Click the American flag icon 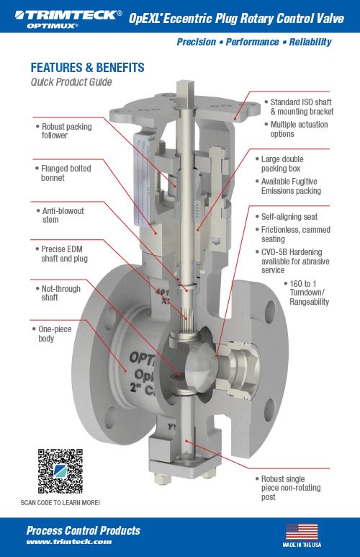302,532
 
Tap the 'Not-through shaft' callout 61,293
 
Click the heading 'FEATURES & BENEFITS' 87,68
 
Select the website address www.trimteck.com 69,542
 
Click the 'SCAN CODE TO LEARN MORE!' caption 60,502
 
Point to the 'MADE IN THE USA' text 302,546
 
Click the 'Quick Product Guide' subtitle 72,82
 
